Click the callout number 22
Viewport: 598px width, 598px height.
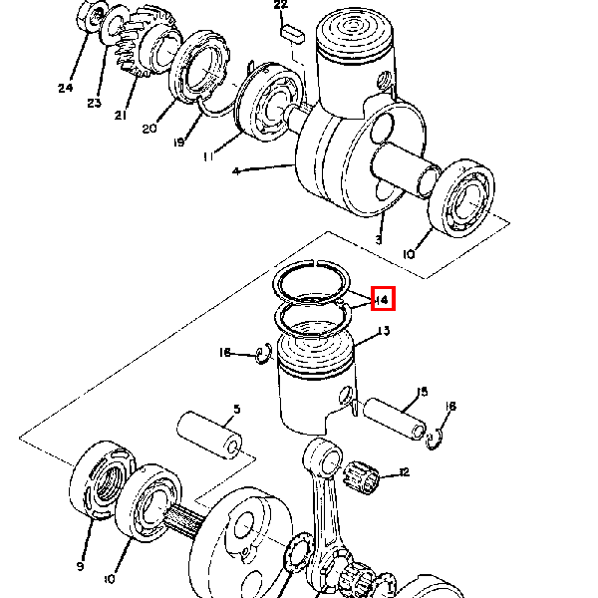tap(281, 5)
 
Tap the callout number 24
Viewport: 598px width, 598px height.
tap(65, 88)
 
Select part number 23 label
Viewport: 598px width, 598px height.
tap(95, 103)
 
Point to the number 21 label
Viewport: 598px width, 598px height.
tap(121, 115)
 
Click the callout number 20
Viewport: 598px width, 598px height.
tap(149, 129)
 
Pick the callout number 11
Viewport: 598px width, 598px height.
tap(208, 156)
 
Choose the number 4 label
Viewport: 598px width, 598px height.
tap(236, 171)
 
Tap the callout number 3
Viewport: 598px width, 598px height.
tap(378, 240)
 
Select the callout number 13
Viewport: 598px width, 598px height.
tap(384, 330)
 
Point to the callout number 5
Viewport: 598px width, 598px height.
tap(237, 410)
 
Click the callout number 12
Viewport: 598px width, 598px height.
tap(404, 472)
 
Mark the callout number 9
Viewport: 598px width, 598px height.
tap(80, 566)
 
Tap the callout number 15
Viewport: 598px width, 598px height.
tap(422, 392)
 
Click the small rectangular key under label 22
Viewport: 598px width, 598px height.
tap(292, 33)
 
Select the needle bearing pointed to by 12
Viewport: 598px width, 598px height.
tap(361, 477)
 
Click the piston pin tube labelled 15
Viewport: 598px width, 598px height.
tap(395, 420)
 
